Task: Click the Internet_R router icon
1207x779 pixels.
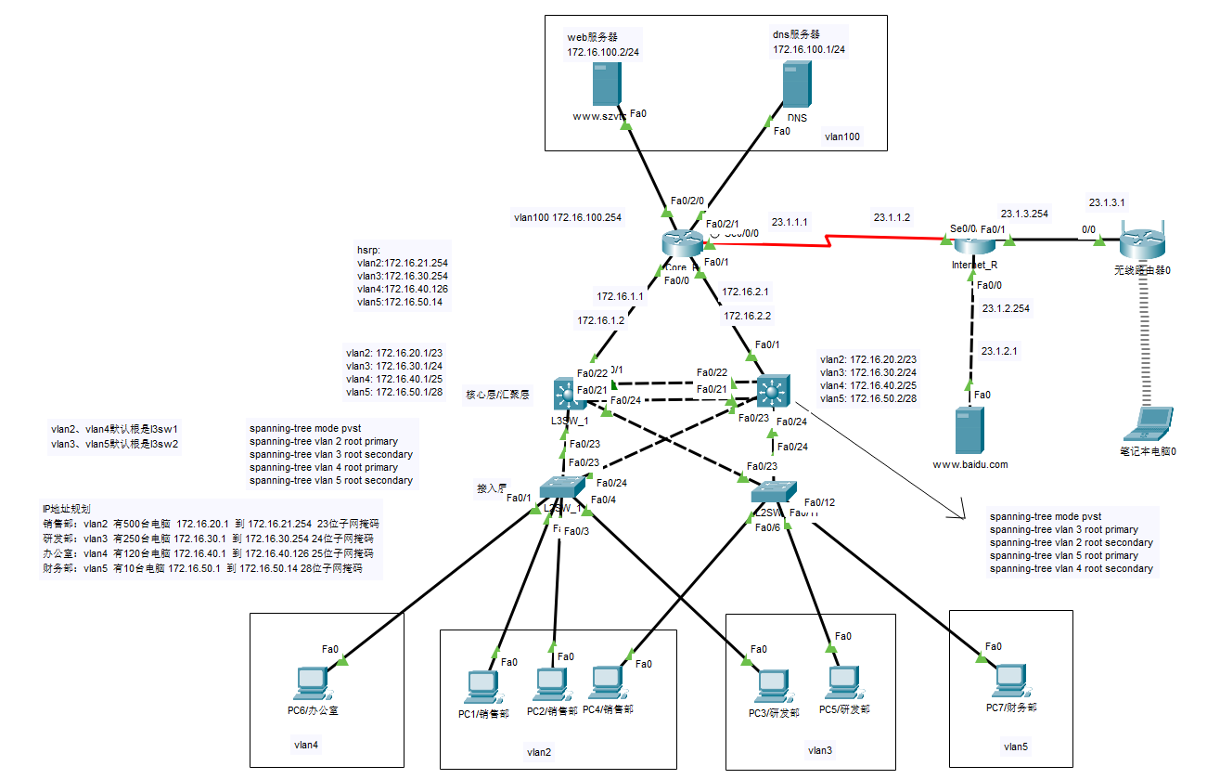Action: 973,243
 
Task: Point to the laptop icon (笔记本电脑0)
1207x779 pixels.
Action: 1147,423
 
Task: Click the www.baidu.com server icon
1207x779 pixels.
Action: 969,429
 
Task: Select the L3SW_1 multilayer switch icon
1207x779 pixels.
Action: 565,395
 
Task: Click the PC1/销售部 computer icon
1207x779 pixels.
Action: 483,688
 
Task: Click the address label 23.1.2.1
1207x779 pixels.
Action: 999,352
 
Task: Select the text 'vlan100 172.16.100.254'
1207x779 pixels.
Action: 568,218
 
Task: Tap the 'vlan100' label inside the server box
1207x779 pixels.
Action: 841,136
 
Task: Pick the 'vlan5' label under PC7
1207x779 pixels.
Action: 1015,746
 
